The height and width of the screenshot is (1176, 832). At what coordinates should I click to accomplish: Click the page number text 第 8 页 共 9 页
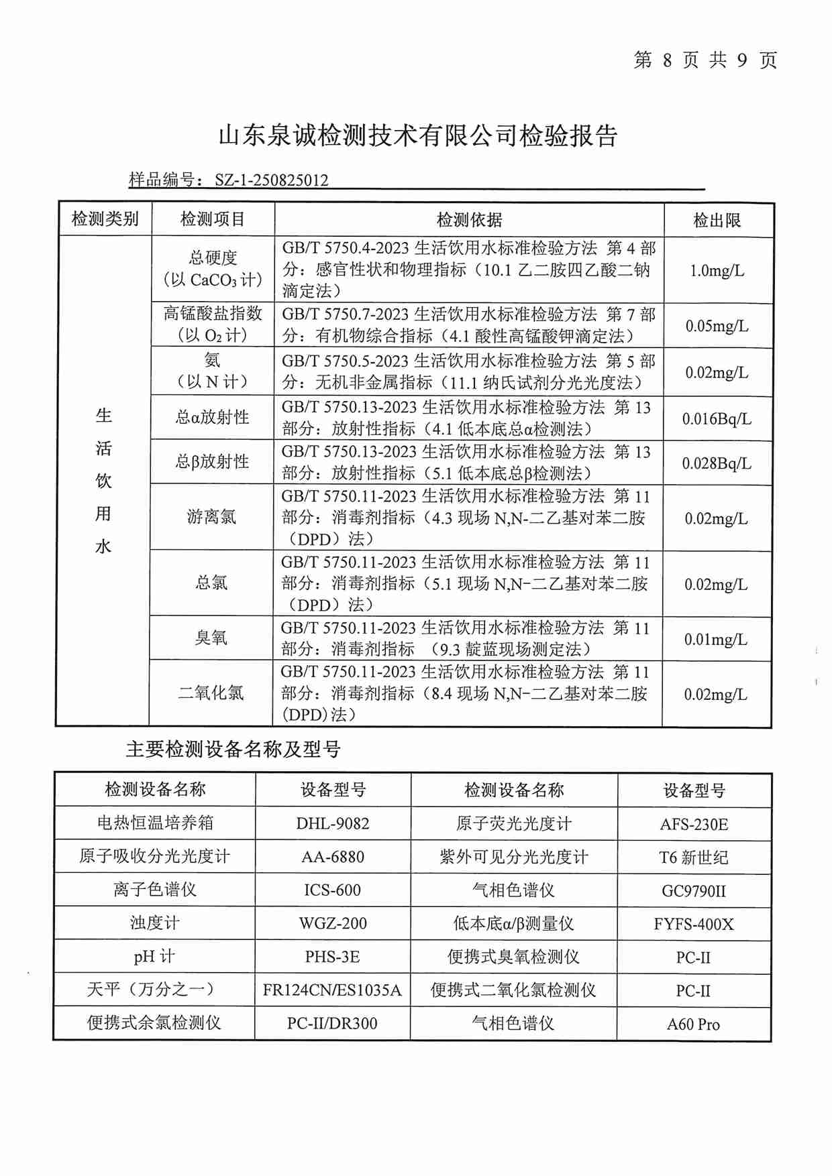(x=705, y=60)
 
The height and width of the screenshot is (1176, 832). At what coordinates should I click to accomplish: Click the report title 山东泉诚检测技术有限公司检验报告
(x=417, y=136)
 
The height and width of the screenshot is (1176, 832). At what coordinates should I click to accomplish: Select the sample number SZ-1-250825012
(x=271, y=180)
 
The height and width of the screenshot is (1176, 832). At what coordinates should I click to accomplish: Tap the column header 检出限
(x=717, y=220)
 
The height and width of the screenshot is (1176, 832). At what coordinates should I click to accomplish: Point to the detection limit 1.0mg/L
(x=717, y=271)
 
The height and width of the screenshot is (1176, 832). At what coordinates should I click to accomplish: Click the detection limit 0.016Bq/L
(x=717, y=419)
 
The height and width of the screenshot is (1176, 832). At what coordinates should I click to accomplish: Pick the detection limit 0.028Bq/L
(x=717, y=463)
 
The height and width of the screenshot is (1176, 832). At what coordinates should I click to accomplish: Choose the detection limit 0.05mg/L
(x=717, y=327)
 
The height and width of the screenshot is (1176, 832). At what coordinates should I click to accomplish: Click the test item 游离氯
(x=211, y=517)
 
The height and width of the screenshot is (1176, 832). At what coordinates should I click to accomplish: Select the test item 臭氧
(x=211, y=638)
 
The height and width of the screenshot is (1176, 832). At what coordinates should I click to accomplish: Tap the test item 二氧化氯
(x=211, y=693)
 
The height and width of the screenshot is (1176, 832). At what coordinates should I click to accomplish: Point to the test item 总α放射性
(x=212, y=418)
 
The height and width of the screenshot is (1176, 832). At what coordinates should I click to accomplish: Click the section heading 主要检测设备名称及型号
(x=233, y=750)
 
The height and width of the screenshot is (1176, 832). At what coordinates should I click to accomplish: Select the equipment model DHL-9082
(x=333, y=823)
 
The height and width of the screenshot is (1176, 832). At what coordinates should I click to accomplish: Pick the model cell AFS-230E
(x=694, y=824)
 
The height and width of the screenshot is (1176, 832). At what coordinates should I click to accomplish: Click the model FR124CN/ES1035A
(x=332, y=990)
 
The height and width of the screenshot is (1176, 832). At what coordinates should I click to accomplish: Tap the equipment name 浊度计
(x=155, y=923)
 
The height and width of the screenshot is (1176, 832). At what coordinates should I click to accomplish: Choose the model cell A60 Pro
(x=693, y=1024)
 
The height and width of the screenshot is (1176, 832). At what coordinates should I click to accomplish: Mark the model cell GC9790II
(x=694, y=891)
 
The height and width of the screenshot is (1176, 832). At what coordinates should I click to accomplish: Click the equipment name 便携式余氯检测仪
(x=154, y=1023)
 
